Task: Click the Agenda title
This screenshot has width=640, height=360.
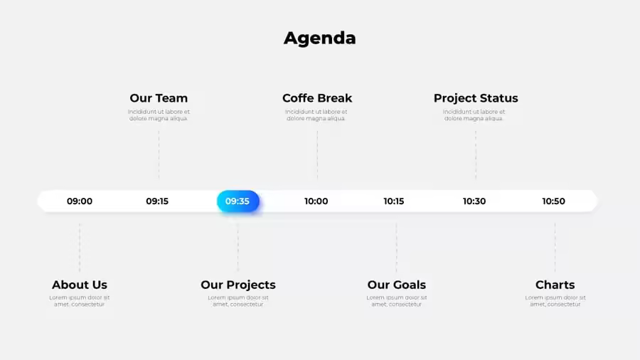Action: click(319, 38)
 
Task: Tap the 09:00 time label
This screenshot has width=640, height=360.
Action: click(80, 201)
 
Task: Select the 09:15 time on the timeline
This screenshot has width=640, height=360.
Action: click(157, 201)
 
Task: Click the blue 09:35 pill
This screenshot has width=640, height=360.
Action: click(238, 201)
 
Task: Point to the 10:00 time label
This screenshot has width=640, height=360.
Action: click(316, 201)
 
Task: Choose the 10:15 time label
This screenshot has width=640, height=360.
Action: click(394, 201)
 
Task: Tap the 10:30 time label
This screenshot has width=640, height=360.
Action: click(474, 201)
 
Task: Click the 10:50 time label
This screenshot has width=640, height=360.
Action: click(553, 201)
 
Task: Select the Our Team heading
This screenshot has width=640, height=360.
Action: click(159, 98)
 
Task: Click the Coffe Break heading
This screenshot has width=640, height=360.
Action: click(317, 98)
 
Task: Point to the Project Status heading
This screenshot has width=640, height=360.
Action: click(476, 98)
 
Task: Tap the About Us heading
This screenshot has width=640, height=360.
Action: click(80, 285)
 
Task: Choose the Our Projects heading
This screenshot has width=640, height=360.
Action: click(238, 285)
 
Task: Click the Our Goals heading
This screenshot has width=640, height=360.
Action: click(396, 285)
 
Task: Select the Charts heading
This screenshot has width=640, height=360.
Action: click(555, 285)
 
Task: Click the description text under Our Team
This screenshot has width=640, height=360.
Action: click(159, 115)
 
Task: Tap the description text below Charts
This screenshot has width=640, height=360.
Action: click(555, 301)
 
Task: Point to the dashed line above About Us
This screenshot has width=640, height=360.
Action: click(80, 248)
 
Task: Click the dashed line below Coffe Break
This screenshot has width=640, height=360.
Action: click(317, 154)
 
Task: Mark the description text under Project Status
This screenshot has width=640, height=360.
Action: click(474, 115)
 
